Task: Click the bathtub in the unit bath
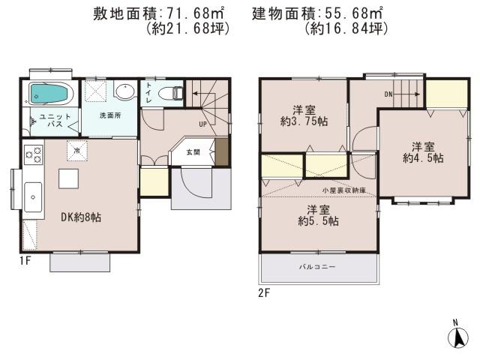[49, 94]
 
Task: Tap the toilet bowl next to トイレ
[174, 93]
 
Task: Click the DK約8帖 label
[80, 217]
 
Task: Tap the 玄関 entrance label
[193, 152]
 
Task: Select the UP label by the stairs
[202, 123]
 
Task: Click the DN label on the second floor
[388, 94]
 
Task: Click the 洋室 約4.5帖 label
[422, 152]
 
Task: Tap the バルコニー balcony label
[317, 267]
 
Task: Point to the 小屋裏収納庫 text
[340, 191]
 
